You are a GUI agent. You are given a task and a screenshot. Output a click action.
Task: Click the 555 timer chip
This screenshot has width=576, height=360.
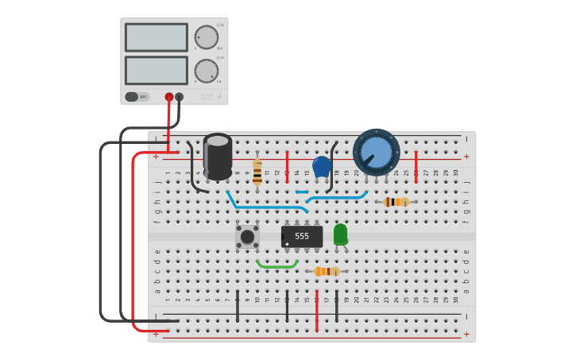coord(302,236)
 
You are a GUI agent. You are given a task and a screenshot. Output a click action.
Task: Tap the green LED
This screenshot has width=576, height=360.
coord(340,234)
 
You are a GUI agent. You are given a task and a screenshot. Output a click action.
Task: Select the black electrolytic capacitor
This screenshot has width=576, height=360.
coord(218,156)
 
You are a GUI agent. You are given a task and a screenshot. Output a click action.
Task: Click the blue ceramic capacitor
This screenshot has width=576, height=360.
coord(322,167)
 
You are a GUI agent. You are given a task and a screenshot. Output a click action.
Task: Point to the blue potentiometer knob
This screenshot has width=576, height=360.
coord(377,152)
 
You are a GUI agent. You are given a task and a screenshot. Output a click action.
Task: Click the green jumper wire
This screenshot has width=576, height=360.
coord(277,265)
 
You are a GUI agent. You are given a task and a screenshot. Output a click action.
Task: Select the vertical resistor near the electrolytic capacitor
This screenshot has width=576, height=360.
coord(257,172)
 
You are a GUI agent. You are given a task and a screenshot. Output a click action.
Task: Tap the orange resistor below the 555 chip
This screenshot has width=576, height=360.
coord(327,271)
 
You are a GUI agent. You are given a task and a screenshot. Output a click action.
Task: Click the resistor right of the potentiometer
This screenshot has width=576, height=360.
coord(396,202)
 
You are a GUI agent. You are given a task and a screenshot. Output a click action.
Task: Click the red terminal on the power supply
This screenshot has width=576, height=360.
coord(169,97)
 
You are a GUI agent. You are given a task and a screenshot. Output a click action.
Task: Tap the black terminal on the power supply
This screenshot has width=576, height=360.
coord(180,97)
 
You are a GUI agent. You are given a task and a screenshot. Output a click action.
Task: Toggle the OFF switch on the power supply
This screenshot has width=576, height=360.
coord(133,97)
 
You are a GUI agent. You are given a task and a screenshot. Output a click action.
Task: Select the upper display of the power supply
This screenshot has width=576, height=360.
coord(157,37)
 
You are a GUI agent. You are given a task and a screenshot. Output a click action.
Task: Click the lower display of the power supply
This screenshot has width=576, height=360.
coord(157,70)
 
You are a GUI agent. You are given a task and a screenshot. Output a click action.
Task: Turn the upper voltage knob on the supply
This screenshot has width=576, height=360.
coord(207,37)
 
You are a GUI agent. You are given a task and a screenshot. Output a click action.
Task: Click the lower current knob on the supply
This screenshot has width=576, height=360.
coord(207,71)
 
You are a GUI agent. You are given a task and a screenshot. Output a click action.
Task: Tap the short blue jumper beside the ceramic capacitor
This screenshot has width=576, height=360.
coord(302,192)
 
